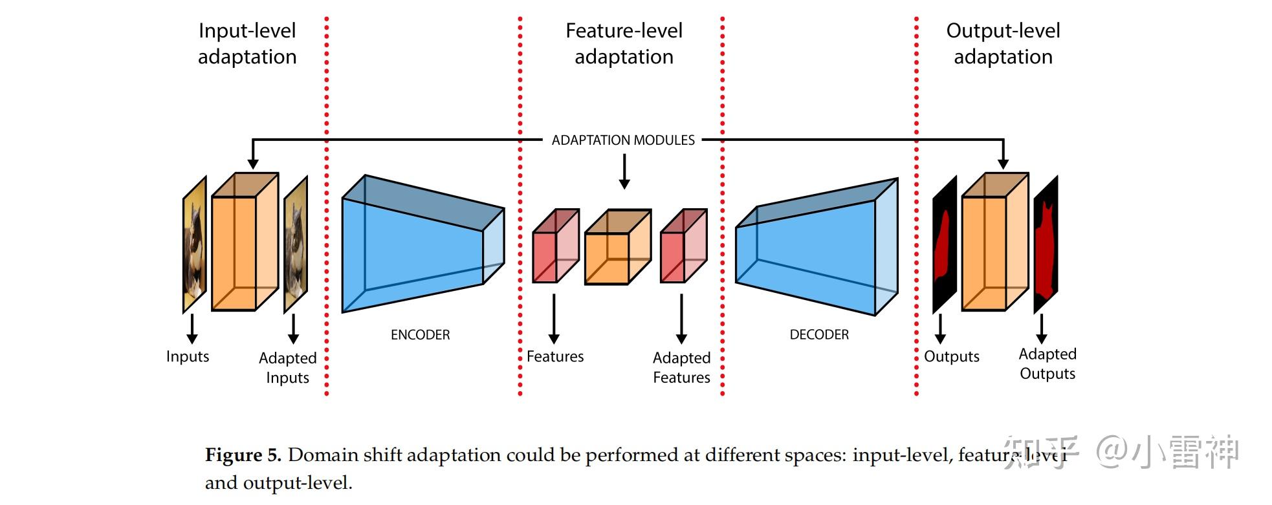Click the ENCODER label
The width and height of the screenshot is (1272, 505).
420,335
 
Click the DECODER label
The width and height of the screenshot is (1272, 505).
819,335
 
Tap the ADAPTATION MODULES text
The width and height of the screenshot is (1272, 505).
623,140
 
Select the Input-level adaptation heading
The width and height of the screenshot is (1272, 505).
247,43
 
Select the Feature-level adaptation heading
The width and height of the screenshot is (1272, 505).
624,43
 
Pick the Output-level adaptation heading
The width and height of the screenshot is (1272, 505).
1003,43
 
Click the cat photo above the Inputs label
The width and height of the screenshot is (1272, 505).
195,246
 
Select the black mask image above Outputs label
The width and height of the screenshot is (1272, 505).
944,246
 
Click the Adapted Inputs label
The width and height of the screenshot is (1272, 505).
287,367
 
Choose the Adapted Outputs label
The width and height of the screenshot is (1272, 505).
1047,363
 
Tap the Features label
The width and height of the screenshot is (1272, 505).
554,356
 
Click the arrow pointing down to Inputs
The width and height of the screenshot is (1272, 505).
192,328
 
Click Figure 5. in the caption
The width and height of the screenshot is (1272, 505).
243,455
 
